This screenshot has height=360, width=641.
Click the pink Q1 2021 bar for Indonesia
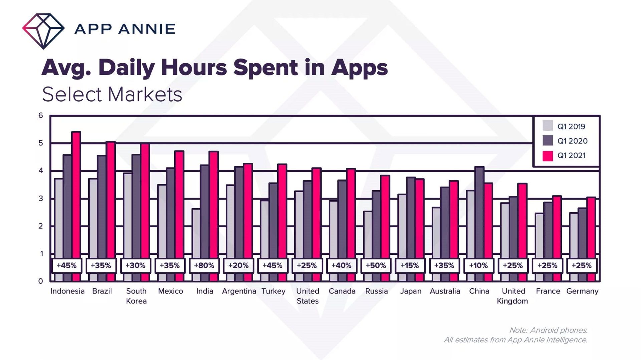[76, 194]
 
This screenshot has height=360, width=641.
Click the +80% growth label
[204, 266]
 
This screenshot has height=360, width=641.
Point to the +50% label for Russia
[376, 266]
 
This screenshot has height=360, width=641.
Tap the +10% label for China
[478, 266]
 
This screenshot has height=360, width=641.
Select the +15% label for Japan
[410, 266]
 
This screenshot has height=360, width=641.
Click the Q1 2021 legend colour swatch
[548, 156]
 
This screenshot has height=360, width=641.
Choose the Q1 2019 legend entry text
[571, 127]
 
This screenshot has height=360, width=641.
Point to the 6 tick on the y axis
[41, 115]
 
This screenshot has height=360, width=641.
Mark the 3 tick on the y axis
[41, 199]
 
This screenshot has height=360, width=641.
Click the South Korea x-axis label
[136, 296]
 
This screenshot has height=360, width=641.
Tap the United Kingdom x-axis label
[513, 296]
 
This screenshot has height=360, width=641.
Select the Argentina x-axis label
[239, 291]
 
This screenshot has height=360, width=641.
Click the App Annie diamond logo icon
[43, 31]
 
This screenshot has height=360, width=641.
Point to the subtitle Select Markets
[112, 94]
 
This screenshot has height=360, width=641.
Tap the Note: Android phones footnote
[548, 330]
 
